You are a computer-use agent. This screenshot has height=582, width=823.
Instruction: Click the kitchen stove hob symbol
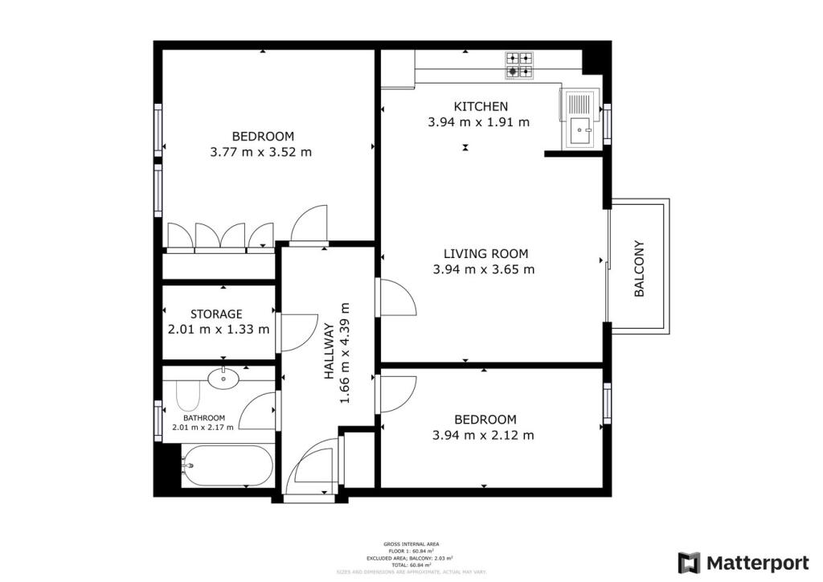[x=519, y=65]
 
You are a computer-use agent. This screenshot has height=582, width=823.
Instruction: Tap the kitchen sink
[x=579, y=118]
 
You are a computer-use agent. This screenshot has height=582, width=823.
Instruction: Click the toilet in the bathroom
[x=186, y=396]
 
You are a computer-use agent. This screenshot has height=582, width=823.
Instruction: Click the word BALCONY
[x=640, y=269]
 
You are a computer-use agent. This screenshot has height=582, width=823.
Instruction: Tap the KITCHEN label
[x=481, y=106]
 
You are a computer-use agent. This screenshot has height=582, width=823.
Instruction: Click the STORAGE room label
[x=216, y=314]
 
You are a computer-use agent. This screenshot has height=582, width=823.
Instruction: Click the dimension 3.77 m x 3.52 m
[x=260, y=152]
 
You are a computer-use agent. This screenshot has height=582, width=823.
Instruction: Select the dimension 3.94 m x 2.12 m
[x=482, y=436]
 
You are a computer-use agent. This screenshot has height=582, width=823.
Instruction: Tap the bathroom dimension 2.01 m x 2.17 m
[x=203, y=428]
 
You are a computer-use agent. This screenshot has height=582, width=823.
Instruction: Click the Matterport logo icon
[x=689, y=562]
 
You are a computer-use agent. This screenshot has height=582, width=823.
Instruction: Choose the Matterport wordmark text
[x=758, y=562]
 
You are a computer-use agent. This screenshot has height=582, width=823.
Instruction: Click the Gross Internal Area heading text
[x=411, y=544]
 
